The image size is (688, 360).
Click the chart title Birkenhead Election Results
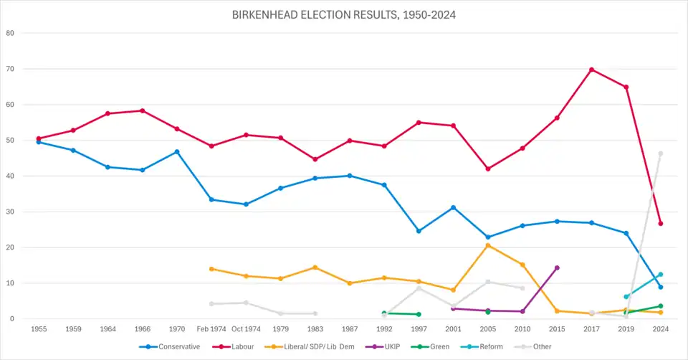click(344, 14)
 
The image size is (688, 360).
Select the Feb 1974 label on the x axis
click(211, 329)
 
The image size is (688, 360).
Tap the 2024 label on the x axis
click(661, 329)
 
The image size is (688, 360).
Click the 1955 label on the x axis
click(39, 329)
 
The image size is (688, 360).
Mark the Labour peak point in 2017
click(591, 70)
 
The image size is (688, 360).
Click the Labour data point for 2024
click(661, 223)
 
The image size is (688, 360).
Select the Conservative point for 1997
click(419, 231)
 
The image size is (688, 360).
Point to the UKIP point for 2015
click(557, 267)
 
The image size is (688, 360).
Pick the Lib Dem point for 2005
click(488, 245)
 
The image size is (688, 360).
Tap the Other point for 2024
click(661, 153)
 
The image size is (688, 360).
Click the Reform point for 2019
click(626, 297)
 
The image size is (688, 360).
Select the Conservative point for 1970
click(176, 151)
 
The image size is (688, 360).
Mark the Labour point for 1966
click(142, 110)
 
